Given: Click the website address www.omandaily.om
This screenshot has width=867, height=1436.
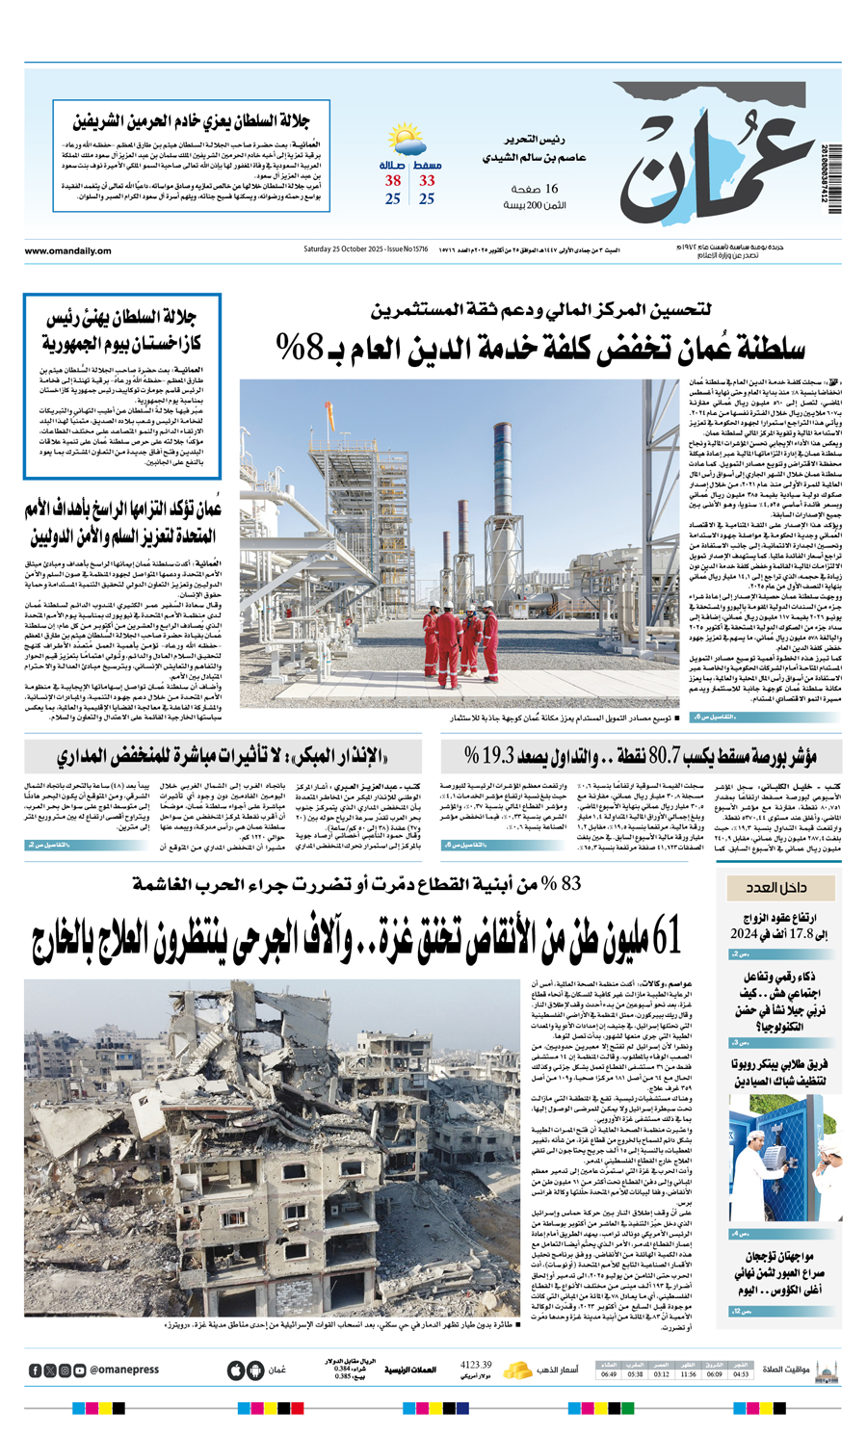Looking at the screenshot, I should point(67,251).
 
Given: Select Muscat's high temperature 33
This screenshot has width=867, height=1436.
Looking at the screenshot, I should point(427,181).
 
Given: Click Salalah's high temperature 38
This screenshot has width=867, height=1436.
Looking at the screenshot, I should point(393,181).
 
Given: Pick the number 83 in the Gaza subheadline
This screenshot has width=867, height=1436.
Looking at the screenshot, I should point(570,883).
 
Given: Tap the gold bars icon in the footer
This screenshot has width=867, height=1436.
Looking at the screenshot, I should point(517,1369).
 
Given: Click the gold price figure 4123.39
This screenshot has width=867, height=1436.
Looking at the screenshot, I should point(476,1365).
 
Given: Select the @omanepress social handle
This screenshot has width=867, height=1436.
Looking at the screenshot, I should point(124,1370).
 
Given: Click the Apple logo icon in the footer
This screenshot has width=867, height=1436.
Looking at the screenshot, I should point(236,1370).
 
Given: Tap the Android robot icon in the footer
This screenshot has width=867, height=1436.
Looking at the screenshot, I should point(255,1370).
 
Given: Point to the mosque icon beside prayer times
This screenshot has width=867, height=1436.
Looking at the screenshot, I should point(826,1370).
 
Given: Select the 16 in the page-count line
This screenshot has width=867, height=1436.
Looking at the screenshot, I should point(551,189).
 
